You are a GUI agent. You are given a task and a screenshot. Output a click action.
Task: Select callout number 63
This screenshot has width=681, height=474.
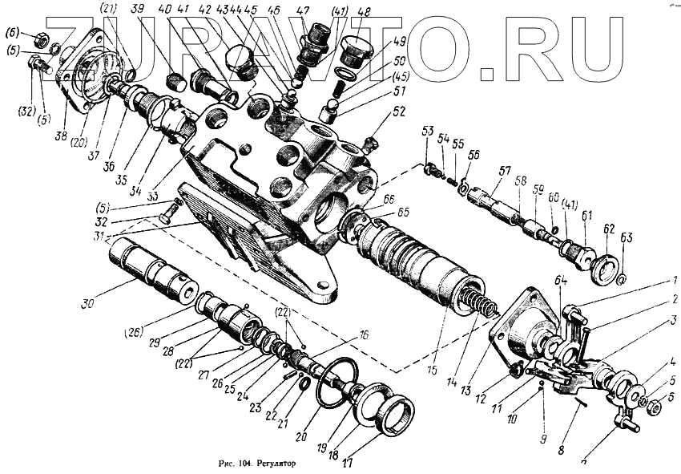tap(627, 237)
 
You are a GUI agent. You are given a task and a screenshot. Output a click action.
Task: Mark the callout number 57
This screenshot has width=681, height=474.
tap(505, 172)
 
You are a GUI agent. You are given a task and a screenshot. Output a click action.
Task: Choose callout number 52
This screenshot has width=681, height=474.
tap(399, 113)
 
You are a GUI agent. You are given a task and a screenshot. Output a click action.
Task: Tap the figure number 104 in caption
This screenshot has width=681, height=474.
tap(238, 463)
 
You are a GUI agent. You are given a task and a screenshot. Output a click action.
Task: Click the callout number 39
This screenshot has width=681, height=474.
tap(137, 9)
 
